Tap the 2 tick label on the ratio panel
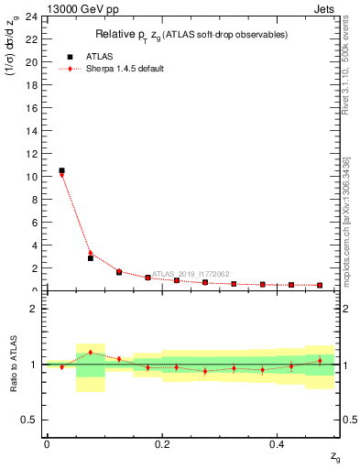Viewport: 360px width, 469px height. tap(34, 309)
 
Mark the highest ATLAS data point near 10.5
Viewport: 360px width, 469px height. tap(61, 170)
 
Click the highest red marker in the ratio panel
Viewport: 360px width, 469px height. tap(90, 352)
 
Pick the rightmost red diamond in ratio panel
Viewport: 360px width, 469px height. tap(320, 361)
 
